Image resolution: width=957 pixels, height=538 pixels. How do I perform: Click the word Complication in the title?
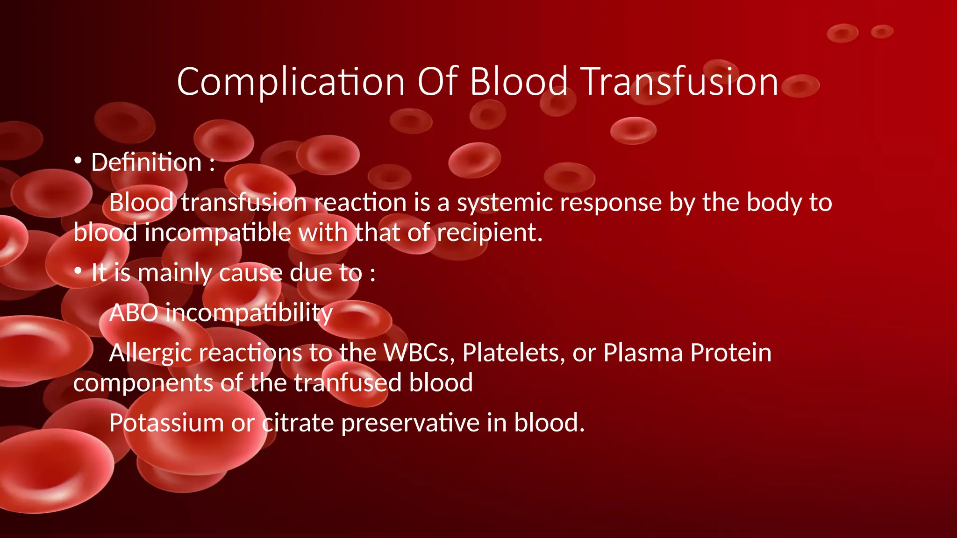[x=290, y=82]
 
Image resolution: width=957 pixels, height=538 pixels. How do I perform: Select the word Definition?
[x=146, y=163]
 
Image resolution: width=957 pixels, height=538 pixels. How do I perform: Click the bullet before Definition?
[x=78, y=161]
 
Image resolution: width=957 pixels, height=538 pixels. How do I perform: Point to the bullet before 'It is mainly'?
[x=78, y=271]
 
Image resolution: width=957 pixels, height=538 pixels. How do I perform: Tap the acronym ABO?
[x=134, y=313]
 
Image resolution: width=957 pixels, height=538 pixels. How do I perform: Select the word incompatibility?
[x=249, y=313]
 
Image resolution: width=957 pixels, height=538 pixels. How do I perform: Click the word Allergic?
[x=151, y=353]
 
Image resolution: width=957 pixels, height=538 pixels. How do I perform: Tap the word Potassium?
[x=166, y=423]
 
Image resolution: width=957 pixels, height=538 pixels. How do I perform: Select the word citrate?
[x=298, y=423]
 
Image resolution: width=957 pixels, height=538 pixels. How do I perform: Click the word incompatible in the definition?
[x=218, y=233]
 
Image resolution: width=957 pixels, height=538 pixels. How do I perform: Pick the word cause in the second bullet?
[x=250, y=273]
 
